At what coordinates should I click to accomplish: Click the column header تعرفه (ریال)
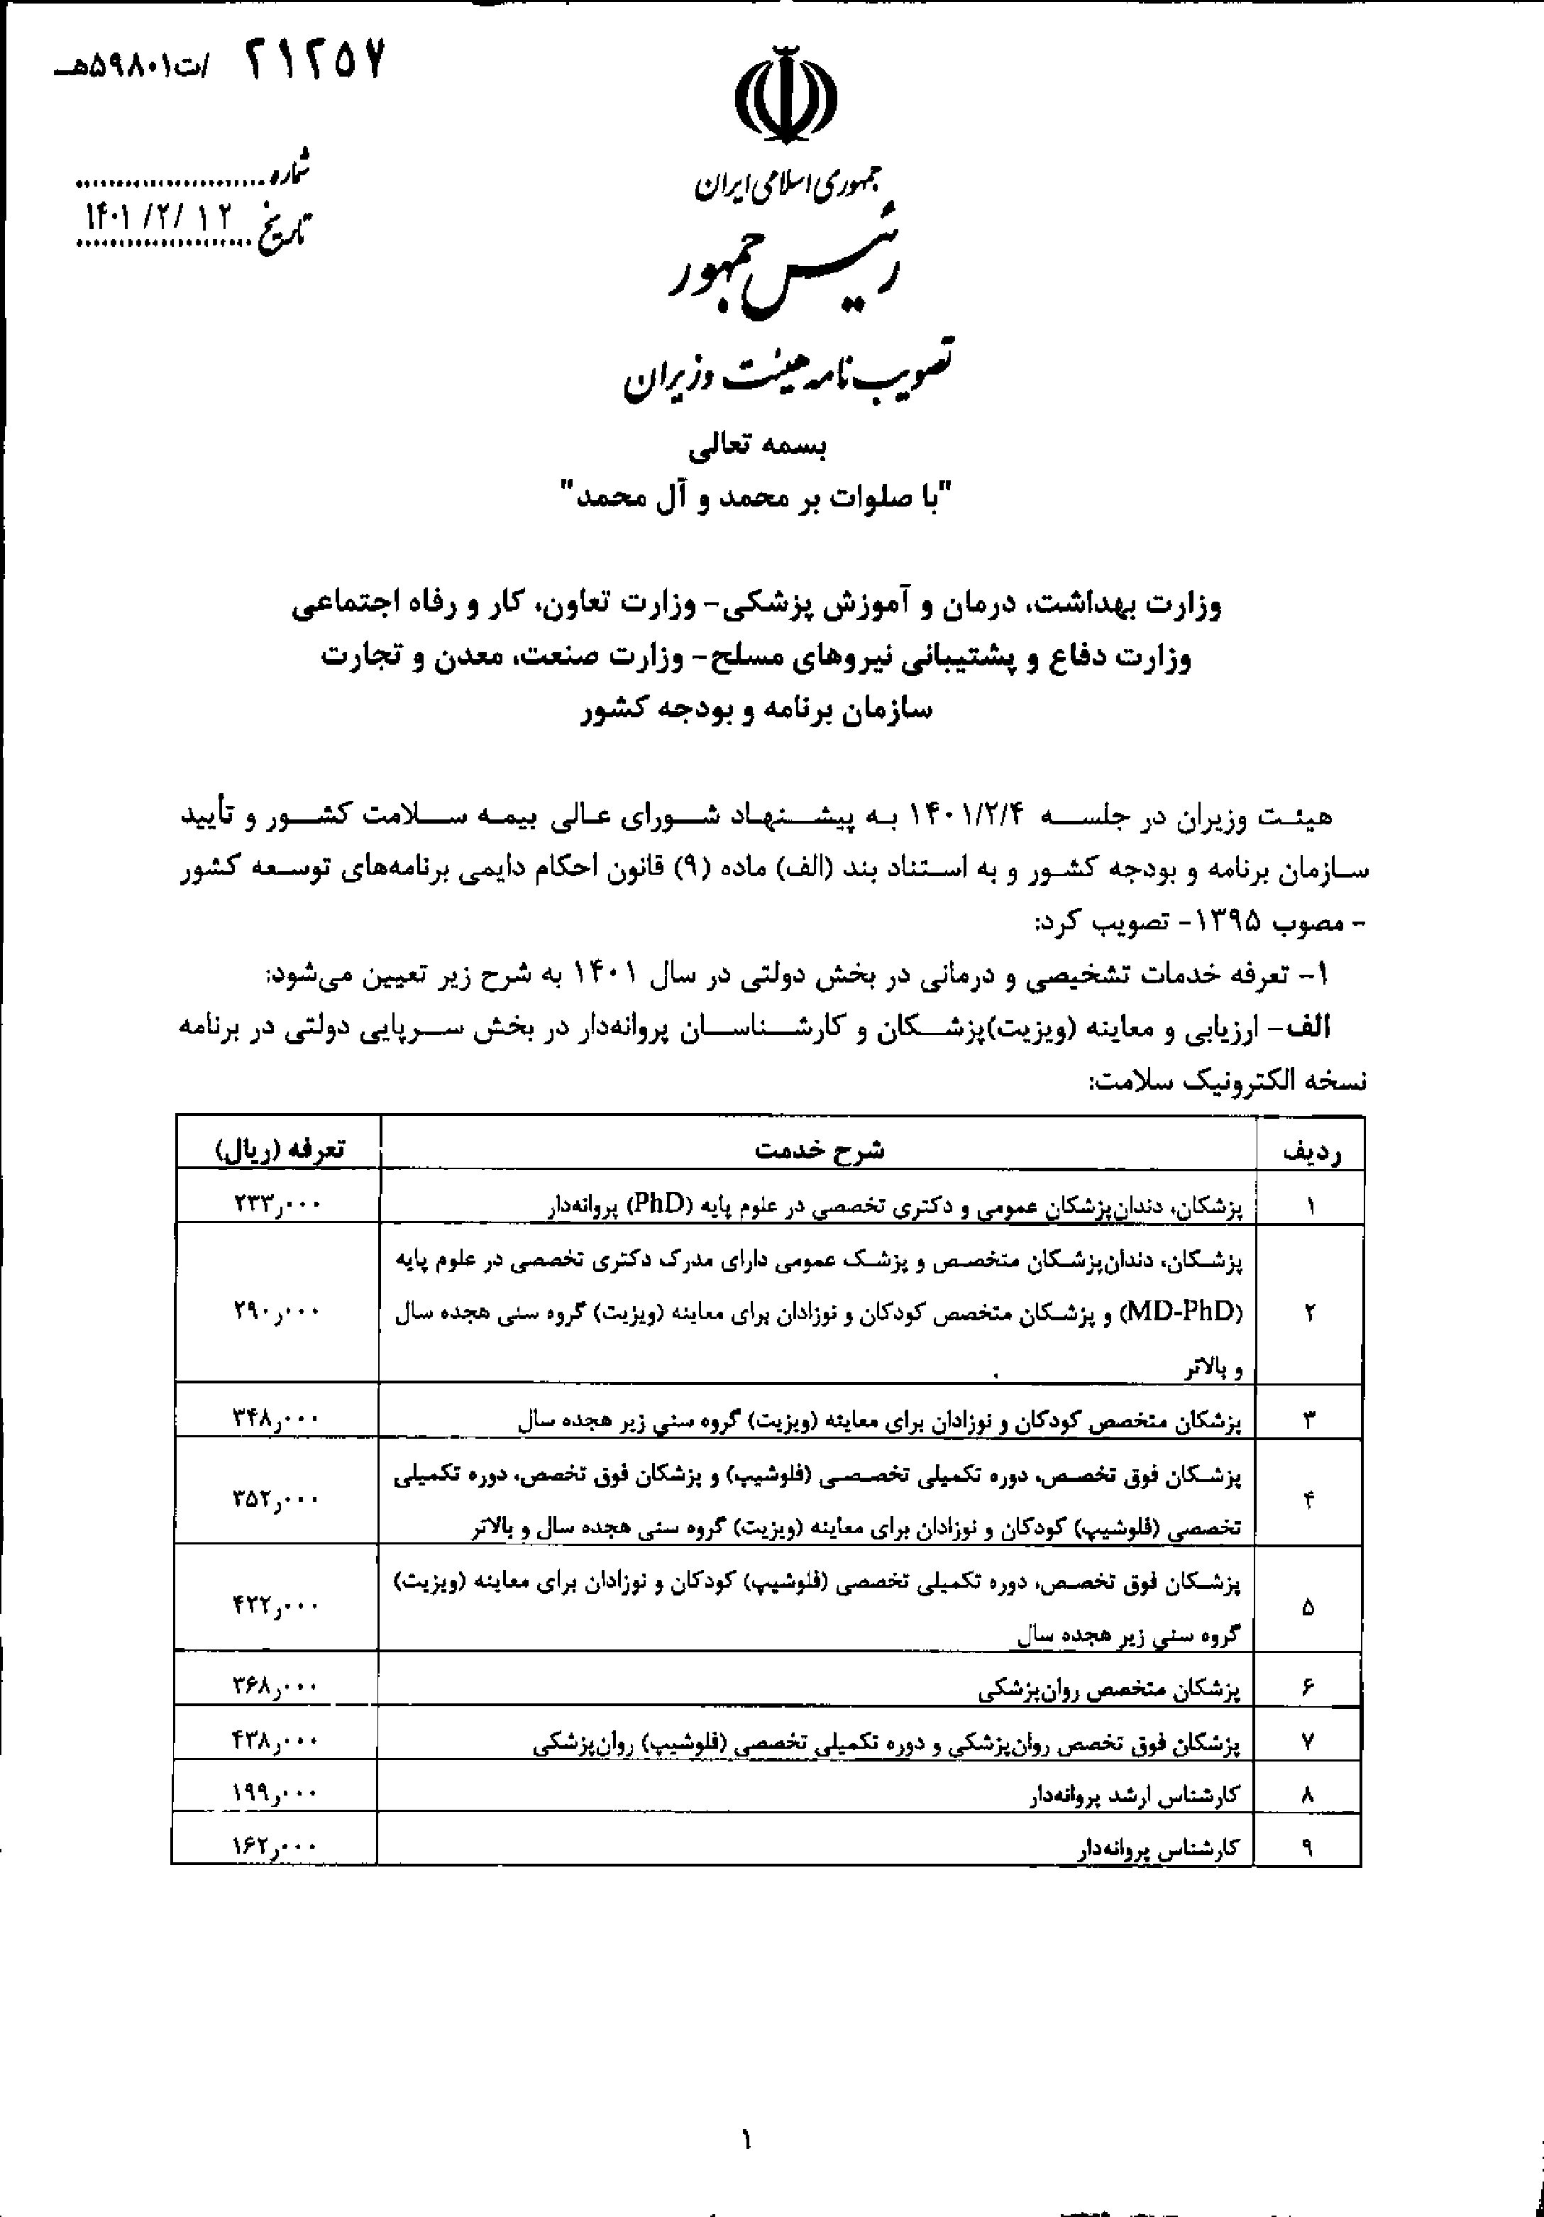[278, 1150]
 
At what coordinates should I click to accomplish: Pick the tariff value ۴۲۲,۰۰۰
[275, 1605]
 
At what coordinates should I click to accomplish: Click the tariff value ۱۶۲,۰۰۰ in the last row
[275, 1846]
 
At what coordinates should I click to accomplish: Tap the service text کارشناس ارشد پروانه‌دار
[1132, 1795]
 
